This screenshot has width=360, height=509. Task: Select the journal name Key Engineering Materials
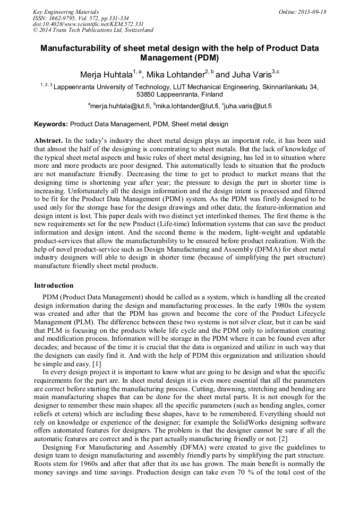(66, 12)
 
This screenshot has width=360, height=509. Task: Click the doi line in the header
(88, 24)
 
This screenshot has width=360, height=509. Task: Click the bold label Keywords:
(51, 125)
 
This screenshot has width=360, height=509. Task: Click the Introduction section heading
(54, 285)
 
